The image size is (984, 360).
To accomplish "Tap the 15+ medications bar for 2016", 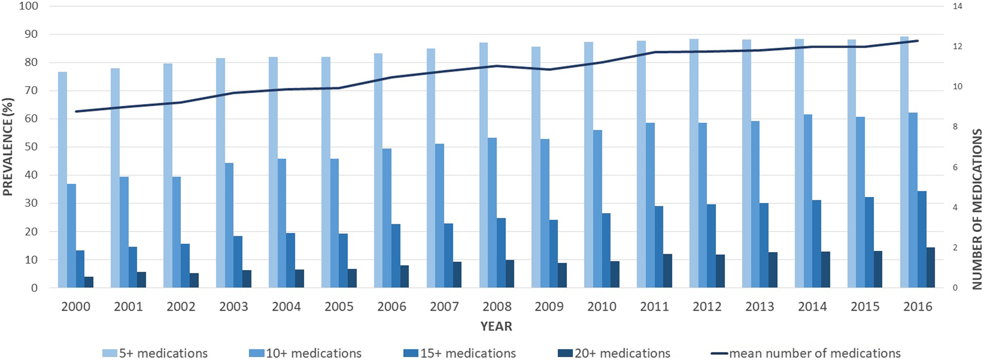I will [x=922, y=239].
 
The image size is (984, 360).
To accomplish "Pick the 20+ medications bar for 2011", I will [x=667, y=271].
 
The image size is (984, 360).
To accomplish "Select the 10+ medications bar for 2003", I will [x=229, y=226].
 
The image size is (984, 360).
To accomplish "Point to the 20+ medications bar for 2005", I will [x=352, y=278].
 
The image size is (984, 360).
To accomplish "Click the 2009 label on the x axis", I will [x=549, y=307].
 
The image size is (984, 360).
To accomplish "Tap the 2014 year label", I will [x=812, y=307].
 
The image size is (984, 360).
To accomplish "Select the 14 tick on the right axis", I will [x=957, y=7].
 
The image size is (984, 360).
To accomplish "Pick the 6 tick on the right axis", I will [x=955, y=168].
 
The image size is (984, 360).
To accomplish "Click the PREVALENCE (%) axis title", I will [x=8, y=147].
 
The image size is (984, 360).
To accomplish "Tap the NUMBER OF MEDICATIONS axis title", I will [x=977, y=209].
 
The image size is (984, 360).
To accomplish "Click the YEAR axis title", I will [x=496, y=327].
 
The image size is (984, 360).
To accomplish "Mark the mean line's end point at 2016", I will [x=918, y=41].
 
